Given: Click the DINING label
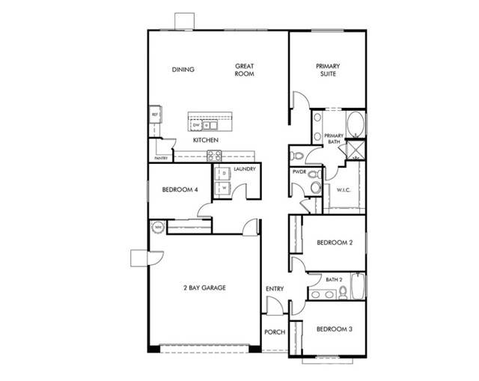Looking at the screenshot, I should (183, 70).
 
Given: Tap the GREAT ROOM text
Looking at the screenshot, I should (244, 70).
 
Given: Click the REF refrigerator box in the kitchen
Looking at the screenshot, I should (155, 115).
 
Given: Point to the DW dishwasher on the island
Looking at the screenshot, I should (196, 125).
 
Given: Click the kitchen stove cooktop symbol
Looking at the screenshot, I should (213, 156).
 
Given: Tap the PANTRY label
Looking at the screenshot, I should (159, 159).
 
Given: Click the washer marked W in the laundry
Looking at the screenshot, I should (222, 188).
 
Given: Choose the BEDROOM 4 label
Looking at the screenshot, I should (180, 190).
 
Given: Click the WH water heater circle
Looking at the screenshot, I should (158, 227).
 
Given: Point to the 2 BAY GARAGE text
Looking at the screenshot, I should (204, 287).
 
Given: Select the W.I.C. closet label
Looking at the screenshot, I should (344, 189).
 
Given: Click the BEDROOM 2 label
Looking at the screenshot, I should (334, 243).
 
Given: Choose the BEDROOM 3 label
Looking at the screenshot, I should (334, 329).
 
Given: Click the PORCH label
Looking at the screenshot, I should (275, 332).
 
